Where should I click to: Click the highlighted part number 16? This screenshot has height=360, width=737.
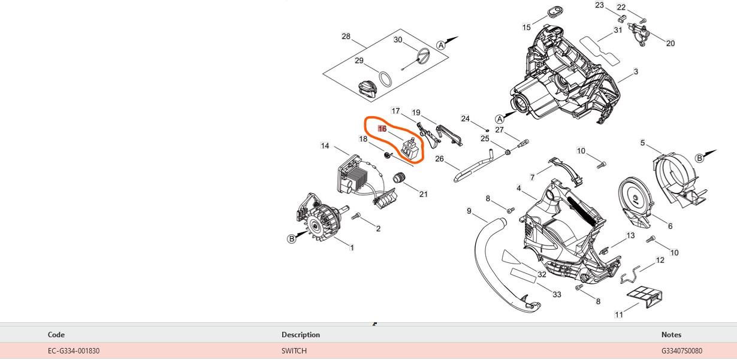click(x=382, y=129)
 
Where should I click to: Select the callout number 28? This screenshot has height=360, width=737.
click(x=346, y=37)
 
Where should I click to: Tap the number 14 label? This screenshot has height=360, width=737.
click(x=325, y=146)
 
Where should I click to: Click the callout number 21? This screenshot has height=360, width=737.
click(x=424, y=193)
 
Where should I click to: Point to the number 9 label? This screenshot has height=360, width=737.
click(x=469, y=211)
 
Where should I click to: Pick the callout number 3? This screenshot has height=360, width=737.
click(x=636, y=71)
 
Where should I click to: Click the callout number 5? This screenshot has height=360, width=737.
click(x=642, y=143)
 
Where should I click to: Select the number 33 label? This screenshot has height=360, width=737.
click(x=557, y=294)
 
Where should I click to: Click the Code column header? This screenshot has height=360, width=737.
click(x=56, y=335)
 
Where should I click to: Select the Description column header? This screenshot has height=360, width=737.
click(x=301, y=335)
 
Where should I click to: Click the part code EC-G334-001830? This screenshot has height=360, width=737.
click(x=74, y=351)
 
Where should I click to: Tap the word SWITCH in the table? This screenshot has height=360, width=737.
click(x=294, y=351)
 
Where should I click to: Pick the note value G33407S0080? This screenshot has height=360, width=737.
click(x=682, y=351)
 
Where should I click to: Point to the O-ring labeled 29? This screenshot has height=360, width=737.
click(x=386, y=78)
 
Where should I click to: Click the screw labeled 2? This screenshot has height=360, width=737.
click(x=357, y=216)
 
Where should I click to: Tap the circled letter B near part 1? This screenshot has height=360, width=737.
click(x=292, y=239)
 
